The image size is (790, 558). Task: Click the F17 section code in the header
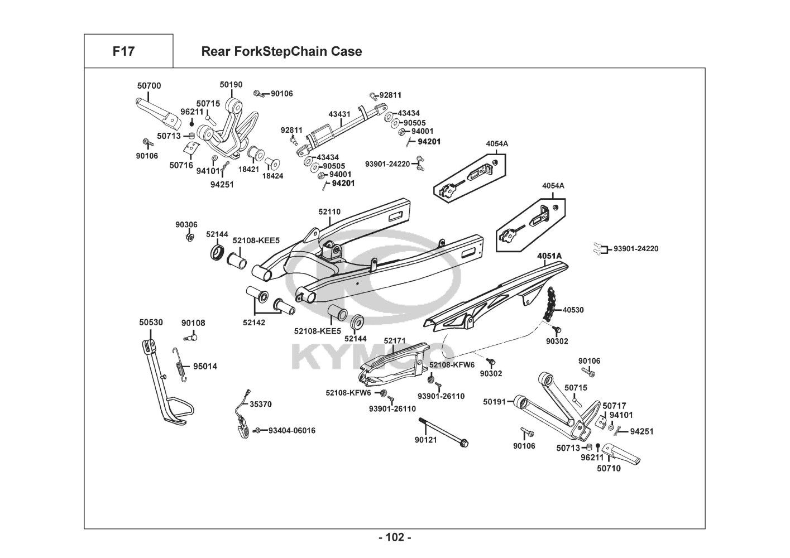[x=123, y=51]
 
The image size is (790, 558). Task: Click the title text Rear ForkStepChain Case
[x=281, y=51]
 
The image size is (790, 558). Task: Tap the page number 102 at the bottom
[x=395, y=537]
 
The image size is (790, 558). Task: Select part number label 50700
[x=149, y=85]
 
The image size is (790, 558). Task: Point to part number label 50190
[x=231, y=84]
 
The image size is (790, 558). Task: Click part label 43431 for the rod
[x=339, y=114]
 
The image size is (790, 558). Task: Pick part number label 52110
[x=329, y=211]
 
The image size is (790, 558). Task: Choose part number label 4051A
[x=549, y=256]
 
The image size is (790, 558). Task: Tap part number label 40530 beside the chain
[x=573, y=310]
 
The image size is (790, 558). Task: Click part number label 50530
[x=151, y=323]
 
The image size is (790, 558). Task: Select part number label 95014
[x=205, y=367]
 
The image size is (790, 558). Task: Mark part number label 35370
[x=261, y=404]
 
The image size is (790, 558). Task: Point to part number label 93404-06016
[x=292, y=430]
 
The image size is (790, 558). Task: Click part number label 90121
[x=425, y=440]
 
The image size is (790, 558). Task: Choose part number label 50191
[x=494, y=401]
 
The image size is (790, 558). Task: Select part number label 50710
[x=609, y=468]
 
